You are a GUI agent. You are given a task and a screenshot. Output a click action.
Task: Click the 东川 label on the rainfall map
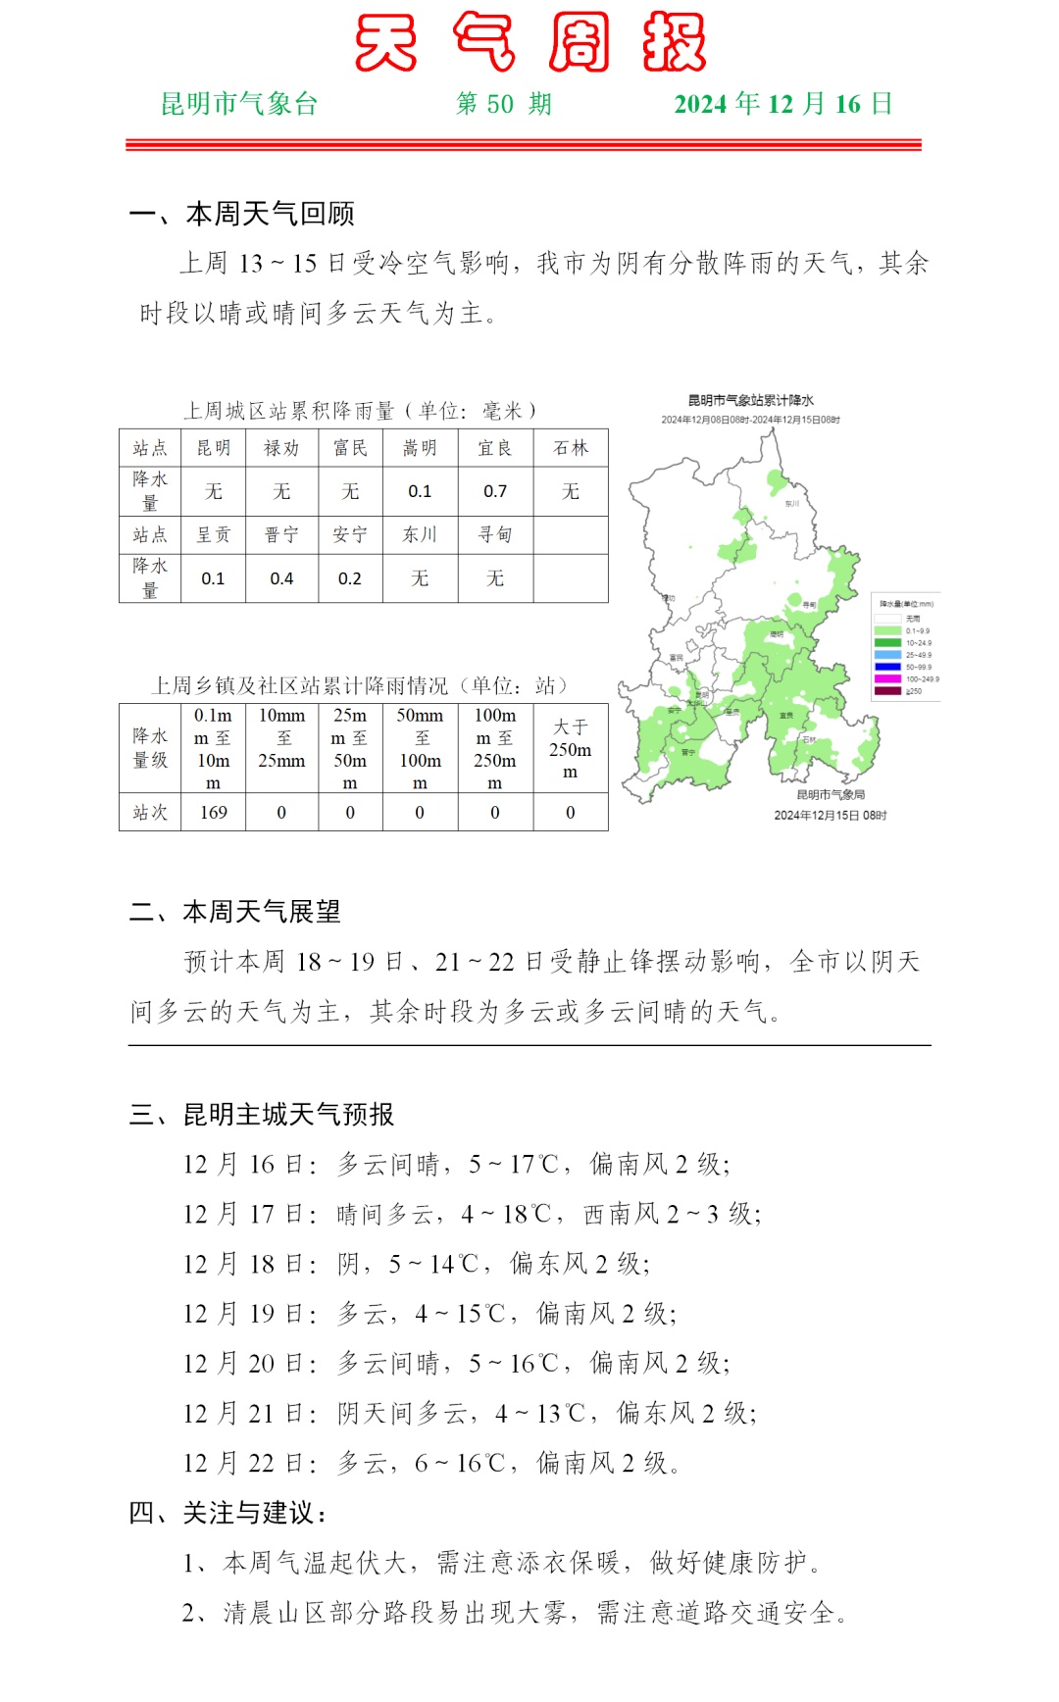click(792, 503)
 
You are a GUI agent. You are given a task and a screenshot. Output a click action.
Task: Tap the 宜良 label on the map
click(786, 715)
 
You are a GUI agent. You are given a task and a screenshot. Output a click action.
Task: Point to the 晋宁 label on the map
click(688, 752)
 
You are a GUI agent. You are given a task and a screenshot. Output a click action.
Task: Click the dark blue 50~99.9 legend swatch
click(887, 667)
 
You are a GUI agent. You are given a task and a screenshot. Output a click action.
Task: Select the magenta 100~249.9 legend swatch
click(887, 678)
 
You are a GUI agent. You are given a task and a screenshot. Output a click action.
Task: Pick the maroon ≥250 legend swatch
click(887, 691)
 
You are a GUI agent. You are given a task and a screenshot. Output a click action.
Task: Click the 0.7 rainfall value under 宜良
click(495, 491)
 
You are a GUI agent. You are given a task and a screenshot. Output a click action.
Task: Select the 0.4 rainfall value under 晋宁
click(281, 578)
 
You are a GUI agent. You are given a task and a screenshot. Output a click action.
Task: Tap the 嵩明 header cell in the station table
click(420, 448)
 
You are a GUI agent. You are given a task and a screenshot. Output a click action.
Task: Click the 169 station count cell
click(213, 812)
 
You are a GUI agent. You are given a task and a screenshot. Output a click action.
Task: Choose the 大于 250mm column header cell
click(570, 749)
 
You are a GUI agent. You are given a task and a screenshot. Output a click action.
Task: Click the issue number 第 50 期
click(504, 104)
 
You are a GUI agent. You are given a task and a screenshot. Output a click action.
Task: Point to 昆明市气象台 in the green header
click(239, 104)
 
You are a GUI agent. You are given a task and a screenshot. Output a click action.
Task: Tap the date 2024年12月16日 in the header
click(783, 104)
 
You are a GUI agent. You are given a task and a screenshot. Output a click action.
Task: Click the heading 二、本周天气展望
click(235, 912)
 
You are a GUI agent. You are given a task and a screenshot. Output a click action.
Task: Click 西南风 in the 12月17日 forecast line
click(621, 1214)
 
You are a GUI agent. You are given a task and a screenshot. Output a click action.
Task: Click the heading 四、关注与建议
click(227, 1513)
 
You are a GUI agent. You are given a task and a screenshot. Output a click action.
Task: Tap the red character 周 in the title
click(579, 43)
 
